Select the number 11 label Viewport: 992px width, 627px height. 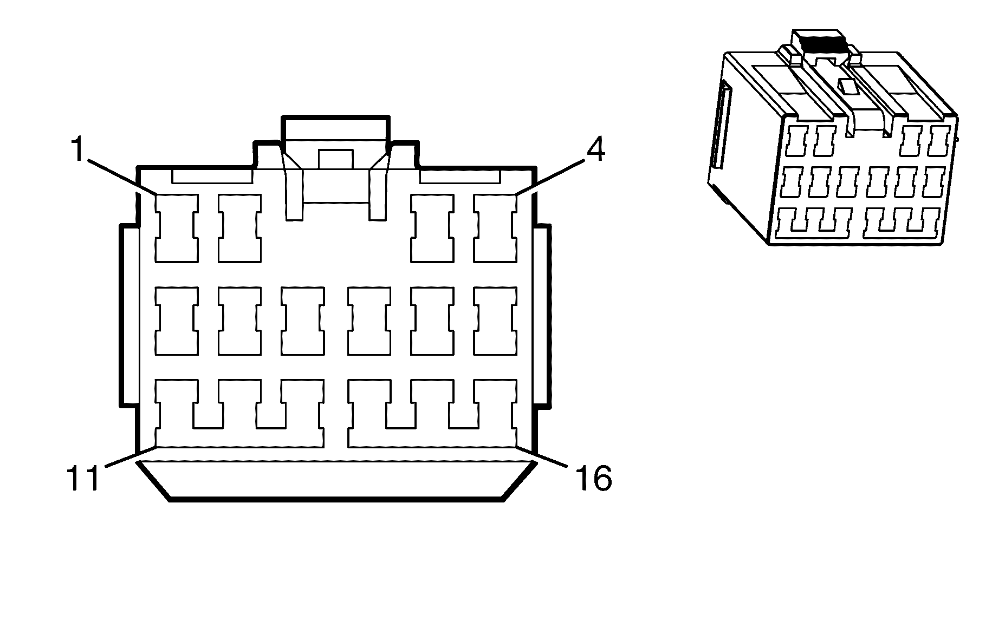coord(83,478)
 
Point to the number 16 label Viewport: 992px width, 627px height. coord(593,478)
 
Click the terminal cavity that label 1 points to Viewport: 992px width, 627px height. coord(177,228)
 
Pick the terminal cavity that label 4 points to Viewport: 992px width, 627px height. coord(495,228)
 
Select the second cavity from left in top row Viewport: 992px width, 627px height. coord(239,228)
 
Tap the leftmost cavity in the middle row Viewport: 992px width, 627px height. coord(177,321)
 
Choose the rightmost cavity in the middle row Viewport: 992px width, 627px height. coord(495,321)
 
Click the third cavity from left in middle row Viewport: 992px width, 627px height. coord(303,321)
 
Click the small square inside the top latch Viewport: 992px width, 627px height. coord(335,159)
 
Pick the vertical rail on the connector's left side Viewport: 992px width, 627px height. coord(128,315)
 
